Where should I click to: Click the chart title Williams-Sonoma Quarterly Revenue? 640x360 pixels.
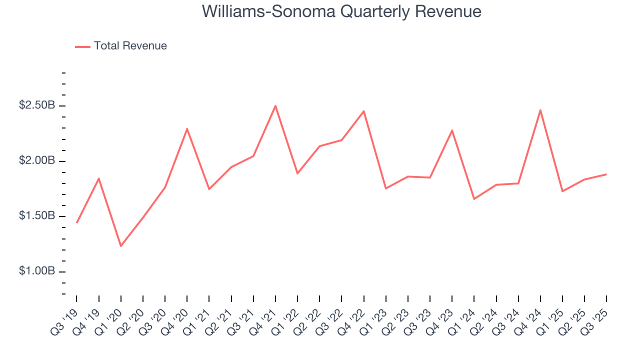(x=341, y=11)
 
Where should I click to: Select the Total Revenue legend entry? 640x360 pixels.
(x=130, y=46)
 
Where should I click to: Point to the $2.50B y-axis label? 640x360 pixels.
(x=37, y=105)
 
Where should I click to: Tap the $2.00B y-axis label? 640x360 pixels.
(x=37, y=161)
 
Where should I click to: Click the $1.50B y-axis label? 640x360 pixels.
(x=37, y=216)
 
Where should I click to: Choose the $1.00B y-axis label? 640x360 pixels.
(x=37, y=271)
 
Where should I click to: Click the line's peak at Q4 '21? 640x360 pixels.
(x=275, y=106)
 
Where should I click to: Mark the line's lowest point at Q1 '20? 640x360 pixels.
(x=121, y=246)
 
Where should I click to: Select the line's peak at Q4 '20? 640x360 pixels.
(x=187, y=129)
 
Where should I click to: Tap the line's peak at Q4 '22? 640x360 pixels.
(x=363, y=111)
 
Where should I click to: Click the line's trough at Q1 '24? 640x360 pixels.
(x=474, y=199)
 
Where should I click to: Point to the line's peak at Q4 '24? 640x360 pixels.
(x=540, y=110)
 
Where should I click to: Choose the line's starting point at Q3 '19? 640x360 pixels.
(x=76, y=222)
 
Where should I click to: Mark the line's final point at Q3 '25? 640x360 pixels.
(x=606, y=174)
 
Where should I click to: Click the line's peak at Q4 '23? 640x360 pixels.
(x=452, y=130)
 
